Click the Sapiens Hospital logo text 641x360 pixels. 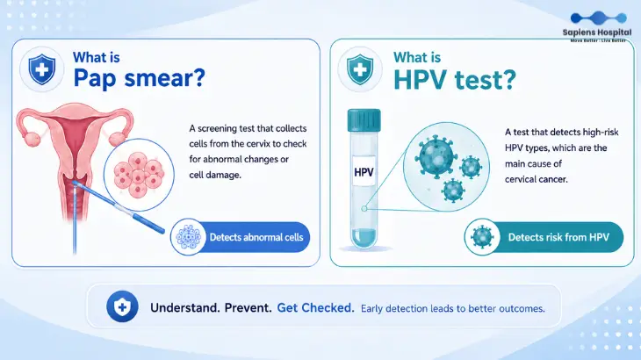pyautogui.click(x=597, y=32)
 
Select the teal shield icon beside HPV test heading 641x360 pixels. pyautogui.click(x=360, y=69)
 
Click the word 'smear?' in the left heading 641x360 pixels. pyautogui.click(x=165, y=77)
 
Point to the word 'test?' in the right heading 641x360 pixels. pyautogui.click(x=486, y=80)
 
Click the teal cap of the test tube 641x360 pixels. pyautogui.click(x=364, y=120)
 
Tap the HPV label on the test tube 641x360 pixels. pyautogui.click(x=364, y=172)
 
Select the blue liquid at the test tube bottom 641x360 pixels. pyautogui.click(x=364, y=237)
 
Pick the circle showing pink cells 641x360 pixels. pyautogui.click(x=139, y=175)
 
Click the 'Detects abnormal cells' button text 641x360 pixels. pyautogui.click(x=256, y=237)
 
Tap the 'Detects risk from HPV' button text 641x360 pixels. pyautogui.click(x=558, y=237)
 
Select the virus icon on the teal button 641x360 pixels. pyautogui.click(x=482, y=237)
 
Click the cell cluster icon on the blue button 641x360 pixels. pyautogui.click(x=189, y=237)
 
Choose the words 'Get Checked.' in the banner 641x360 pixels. pyautogui.click(x=315, y=307)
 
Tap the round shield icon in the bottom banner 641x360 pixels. pyautogui.click(x=122, y=306)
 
